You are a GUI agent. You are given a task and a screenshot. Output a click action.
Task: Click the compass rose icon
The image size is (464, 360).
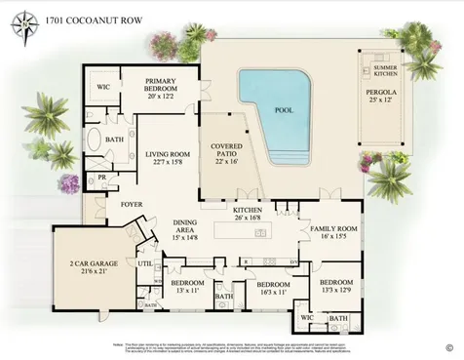click(20, 27)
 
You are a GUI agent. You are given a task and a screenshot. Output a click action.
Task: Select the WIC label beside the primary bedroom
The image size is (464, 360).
click(104, 87)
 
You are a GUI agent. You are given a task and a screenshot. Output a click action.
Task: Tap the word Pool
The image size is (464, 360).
click(284, 112)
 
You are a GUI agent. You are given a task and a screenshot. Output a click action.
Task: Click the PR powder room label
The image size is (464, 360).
click(101, 178)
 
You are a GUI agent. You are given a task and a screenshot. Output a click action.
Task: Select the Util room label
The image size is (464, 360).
click(145, 263)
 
